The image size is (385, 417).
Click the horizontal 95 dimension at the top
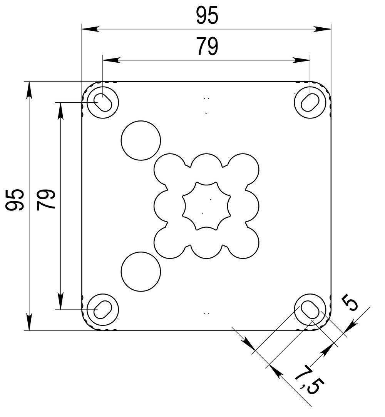pos(207,17)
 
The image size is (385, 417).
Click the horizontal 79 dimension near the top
pos(207,47)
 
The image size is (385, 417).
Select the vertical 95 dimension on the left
pos(15,200)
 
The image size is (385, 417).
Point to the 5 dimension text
pos(351,302)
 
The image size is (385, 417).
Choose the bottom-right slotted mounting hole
pos(310,309)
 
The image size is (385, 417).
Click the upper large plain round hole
pos(141,140)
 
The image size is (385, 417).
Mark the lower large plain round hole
pos(141,271)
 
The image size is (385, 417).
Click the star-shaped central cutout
pos(206,206)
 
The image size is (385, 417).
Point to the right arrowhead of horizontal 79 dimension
pos(303,60)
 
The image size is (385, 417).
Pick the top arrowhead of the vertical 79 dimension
pos(60,110)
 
